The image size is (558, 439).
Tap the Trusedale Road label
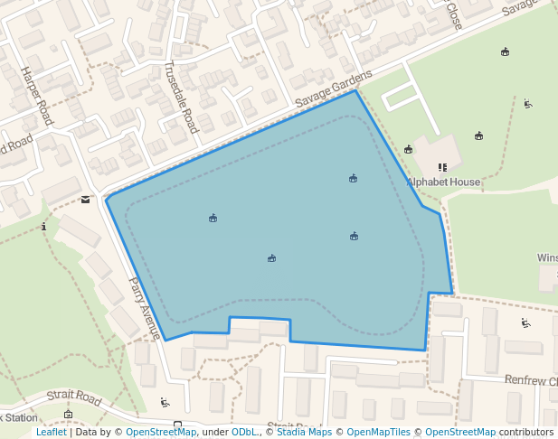[182, 98]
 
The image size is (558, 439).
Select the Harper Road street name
[37, 96]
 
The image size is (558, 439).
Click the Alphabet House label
[443, 182]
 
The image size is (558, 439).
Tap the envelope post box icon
[85, 199]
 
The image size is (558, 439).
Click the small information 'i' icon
[43, 226]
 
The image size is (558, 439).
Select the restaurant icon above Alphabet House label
[442, 167]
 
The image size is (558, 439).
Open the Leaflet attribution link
[51, 432]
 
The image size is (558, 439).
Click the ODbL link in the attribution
[243, 432]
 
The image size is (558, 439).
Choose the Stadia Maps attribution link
[302, 432]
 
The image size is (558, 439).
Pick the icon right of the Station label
[68, 415]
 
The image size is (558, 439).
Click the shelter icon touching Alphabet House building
[409, 149]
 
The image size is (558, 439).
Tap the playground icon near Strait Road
[165, 402]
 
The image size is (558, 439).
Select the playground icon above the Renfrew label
[525, 322]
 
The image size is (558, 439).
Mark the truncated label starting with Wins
[547, 257]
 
